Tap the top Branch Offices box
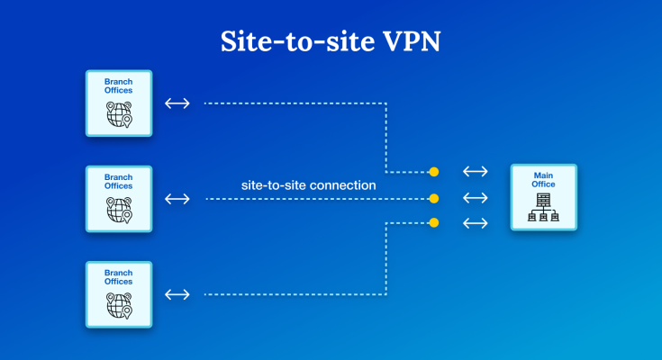[118, 103]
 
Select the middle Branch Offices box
[118, 198]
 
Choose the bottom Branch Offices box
[118, 293]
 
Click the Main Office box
[543, 197]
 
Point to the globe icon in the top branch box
[118, 115]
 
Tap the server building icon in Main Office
[543, 208]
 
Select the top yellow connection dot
[434, 171]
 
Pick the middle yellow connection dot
[434, 198]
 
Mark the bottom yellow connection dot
[434, 222]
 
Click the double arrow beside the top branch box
[177, 103]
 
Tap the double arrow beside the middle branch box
[177, 198]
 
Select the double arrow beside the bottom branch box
[177, 294]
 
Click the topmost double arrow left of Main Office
[475, 171]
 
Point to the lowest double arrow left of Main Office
[475, 222]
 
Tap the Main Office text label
[543, 179]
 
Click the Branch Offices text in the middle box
[118, 181]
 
